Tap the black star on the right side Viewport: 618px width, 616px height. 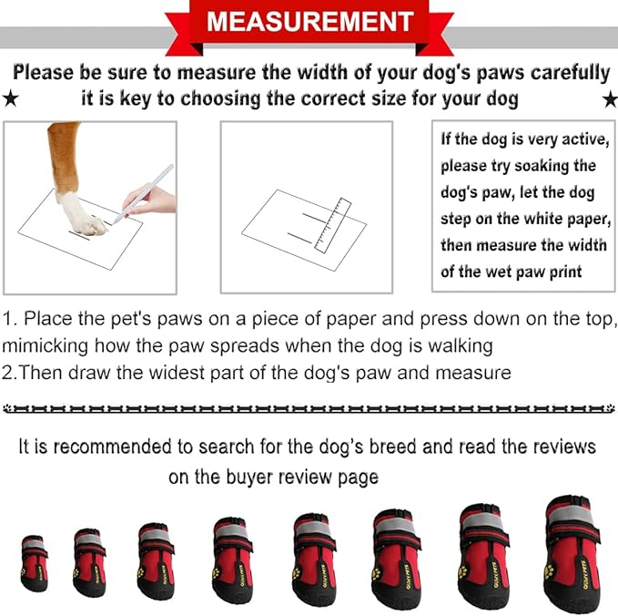pos(609,98)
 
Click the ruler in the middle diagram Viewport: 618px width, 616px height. pos(331,223)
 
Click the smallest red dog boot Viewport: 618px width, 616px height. pos(35,562)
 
